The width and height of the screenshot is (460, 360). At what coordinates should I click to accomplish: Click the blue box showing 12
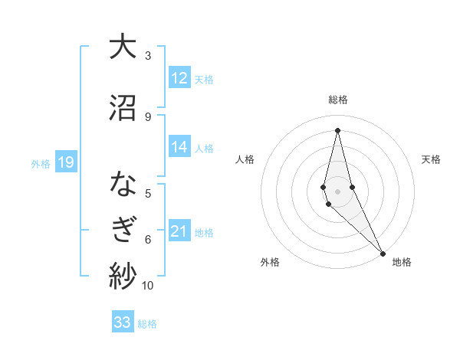click(x=179, y=78)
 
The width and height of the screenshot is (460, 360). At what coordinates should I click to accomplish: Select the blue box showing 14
click(x=179, y=148)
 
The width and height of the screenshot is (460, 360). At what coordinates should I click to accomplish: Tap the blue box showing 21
click(x=179, y=231)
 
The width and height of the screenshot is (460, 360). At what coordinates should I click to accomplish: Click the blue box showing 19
click(x=66, y=162)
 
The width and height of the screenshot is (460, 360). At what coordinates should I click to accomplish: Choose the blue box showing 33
click(x=123, y=322)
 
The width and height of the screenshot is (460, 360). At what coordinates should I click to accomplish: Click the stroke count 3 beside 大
click(x=148, y=56)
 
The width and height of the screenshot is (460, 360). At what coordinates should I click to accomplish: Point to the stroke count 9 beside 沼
click(x=148, y=116)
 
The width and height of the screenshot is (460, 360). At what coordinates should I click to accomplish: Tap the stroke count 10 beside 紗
click(x=148, y=286)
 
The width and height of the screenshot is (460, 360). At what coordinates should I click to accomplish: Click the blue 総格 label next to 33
click(x=147, y=323)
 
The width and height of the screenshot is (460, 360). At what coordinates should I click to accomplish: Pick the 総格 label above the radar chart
click(x=338, y=100)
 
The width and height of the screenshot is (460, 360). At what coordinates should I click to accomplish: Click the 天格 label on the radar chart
click(x=431, y=159)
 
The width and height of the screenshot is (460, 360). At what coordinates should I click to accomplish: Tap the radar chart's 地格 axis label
click(x=402, y=262)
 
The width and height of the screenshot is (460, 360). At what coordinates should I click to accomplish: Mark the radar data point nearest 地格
click(x=383, y=253)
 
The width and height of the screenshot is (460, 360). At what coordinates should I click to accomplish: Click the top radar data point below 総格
click(x=337, y=130)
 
